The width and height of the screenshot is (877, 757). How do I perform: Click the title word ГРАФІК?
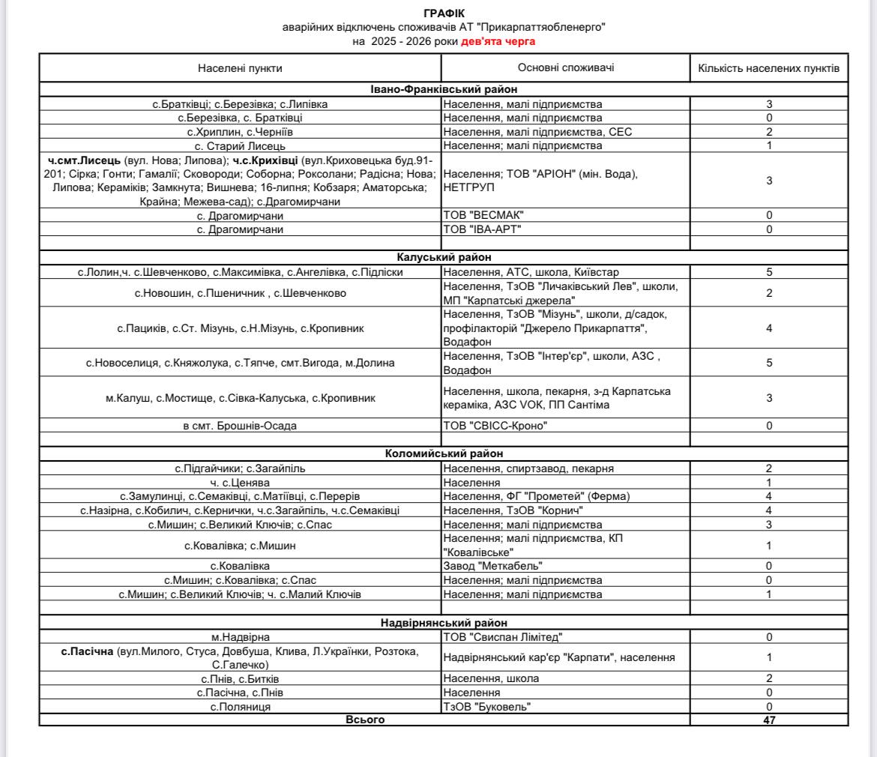pos(443,14)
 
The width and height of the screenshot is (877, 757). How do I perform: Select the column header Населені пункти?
pos(240,68)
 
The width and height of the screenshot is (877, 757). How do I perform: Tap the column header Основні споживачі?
pos(566,68)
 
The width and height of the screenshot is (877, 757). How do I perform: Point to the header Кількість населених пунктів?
pos(768,68)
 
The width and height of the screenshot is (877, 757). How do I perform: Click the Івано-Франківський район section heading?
pos(443,90)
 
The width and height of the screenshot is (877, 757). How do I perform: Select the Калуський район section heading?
pos(443,258)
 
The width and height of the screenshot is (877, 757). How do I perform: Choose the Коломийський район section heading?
pos(443,453)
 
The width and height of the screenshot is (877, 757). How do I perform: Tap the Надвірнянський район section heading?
pos(443,622)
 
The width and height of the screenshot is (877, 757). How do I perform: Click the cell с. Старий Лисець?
pos(240,145)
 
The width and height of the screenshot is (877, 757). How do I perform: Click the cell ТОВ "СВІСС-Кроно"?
pos(494,426)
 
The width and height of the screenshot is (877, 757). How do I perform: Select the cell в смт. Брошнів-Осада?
pos(240,426)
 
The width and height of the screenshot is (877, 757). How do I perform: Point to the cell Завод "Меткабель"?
pos(492,566)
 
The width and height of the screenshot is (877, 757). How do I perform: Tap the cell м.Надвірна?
pos(240,636)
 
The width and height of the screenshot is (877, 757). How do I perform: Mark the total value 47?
pos(769,720)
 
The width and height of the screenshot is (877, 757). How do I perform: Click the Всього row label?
pos(364,720)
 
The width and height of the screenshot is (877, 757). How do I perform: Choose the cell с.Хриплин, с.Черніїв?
pos(240,131)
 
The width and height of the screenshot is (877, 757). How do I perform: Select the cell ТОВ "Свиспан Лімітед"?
pos(501,636)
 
